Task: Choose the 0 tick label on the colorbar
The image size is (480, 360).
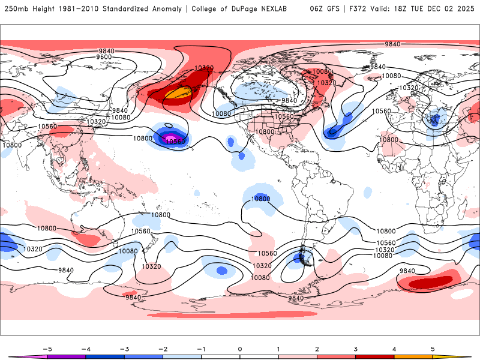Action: [x=240, y=348]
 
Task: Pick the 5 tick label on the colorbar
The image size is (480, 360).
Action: [x=433, y=348]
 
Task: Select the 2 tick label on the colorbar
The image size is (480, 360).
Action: [x=317, y=348]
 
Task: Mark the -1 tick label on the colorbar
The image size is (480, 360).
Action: [x=201, y=348]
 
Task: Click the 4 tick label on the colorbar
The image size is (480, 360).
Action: [x=394, y=348]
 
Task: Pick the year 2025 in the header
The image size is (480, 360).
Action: [x=466, y=9]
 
